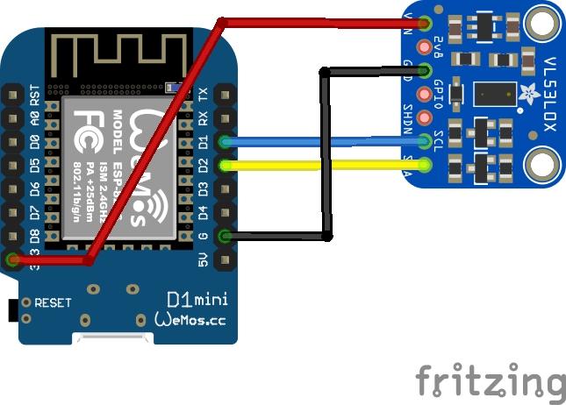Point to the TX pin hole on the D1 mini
click(226, 93)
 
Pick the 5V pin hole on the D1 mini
click(226, 259)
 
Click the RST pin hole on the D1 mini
click(12, 93)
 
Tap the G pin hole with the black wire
click(226, 235)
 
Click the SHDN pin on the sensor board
click(426, 117)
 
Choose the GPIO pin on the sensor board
click(426, 94)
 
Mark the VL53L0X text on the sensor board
click(548, 89)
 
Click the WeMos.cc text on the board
click(190, 320)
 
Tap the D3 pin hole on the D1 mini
click(226, 188)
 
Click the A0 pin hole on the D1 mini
click(12, 117)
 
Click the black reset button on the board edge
click(12, 309)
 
